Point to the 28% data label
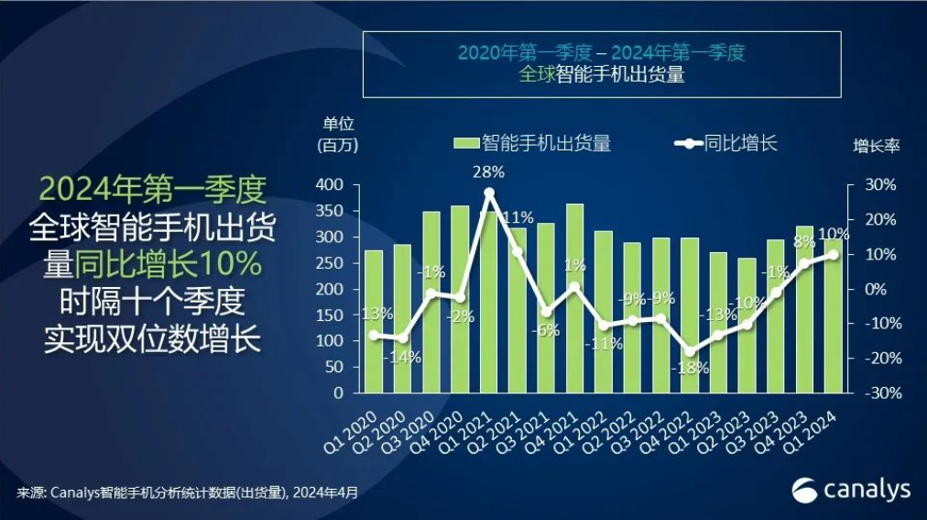(x=488, y=171)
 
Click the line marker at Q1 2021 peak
(x=489, y=193)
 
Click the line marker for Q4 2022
(x=690, y=351)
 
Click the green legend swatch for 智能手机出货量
(x=466, y=143)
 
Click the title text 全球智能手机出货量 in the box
(x=602, y=75)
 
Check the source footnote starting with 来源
(x=187, y=492)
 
